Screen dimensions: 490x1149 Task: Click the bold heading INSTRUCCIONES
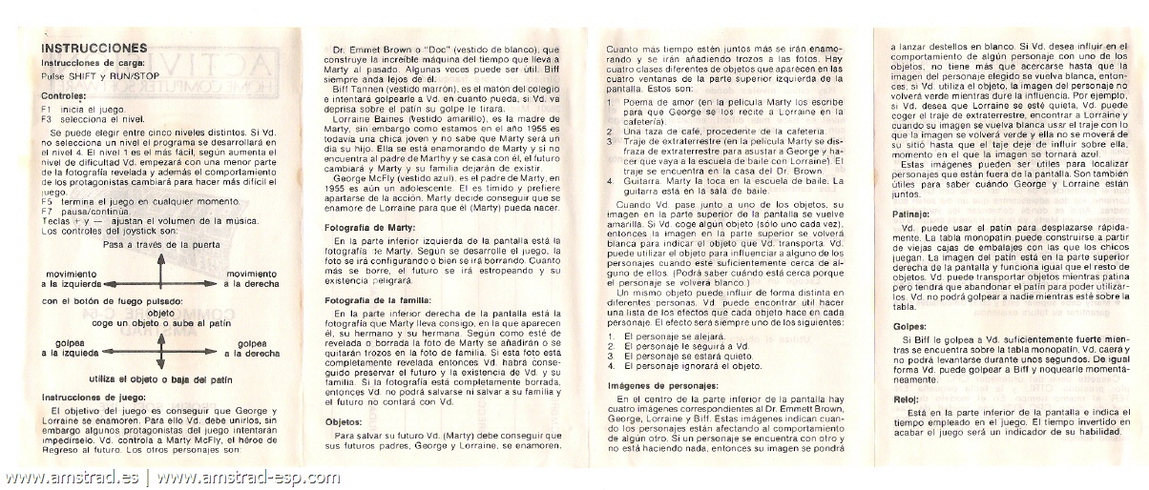click(94, 48)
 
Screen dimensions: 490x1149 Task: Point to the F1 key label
click(46, 109)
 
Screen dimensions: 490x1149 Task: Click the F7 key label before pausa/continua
click(46, 211)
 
